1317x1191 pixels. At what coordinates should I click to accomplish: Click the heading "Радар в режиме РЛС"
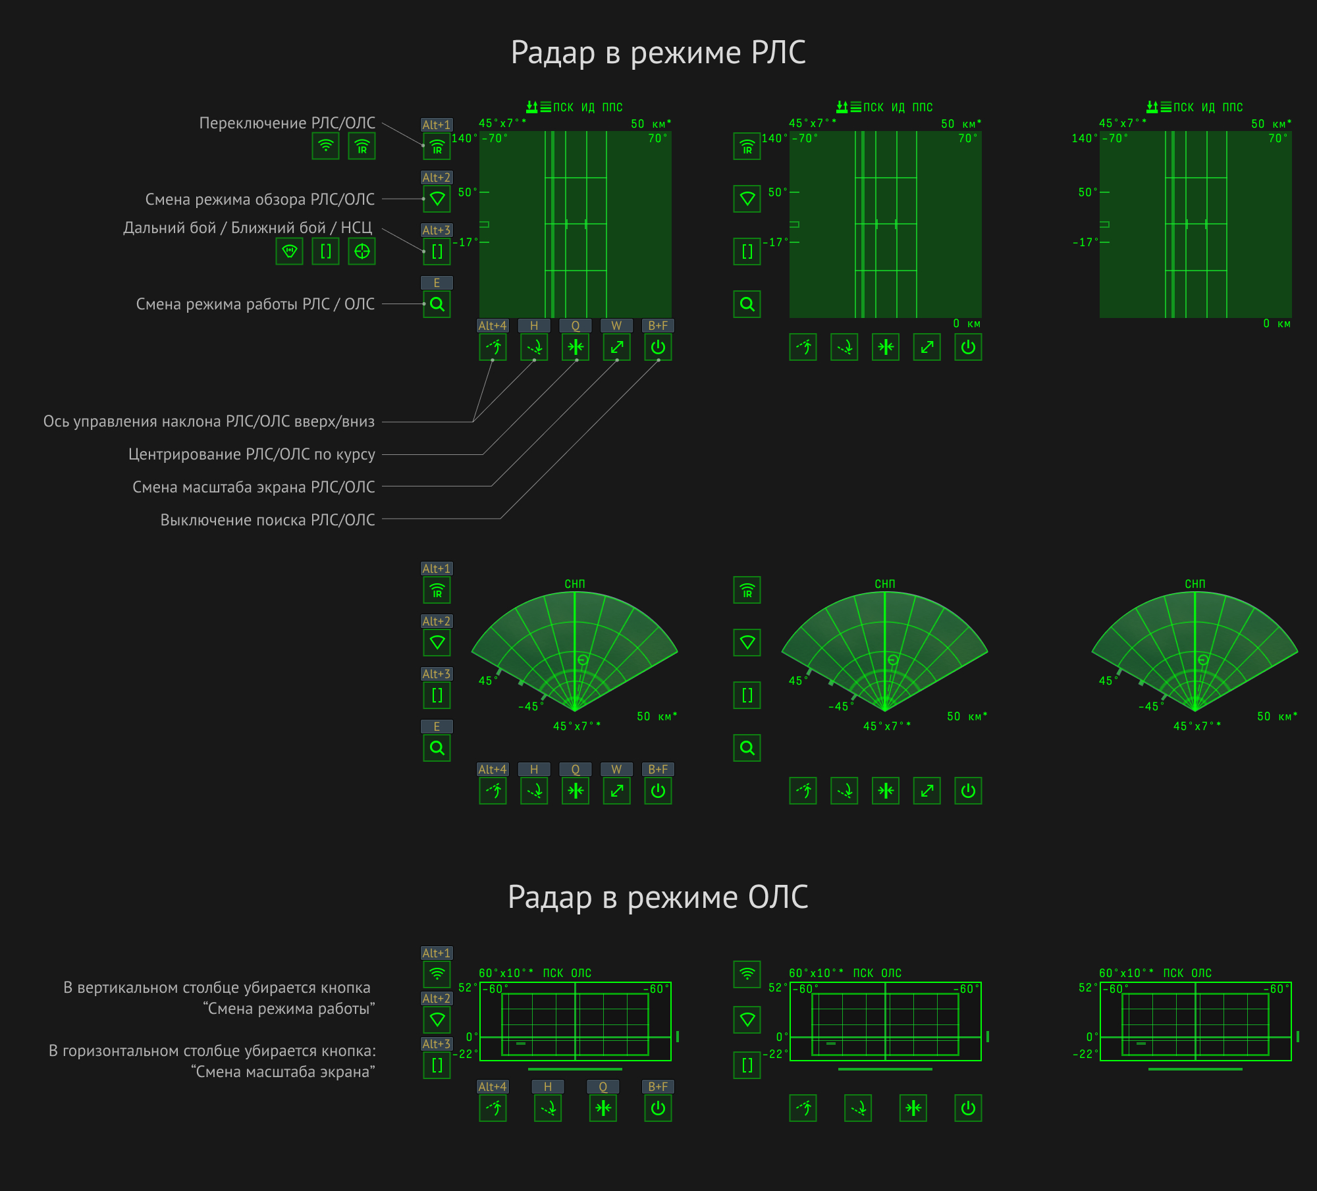click(x=658, y=53)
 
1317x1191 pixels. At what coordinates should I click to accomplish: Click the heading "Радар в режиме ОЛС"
click(x=658, y=897)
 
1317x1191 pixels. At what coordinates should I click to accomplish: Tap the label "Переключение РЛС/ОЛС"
click(x=287, y=123)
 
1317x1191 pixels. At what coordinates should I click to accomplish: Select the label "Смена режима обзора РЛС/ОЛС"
click(x=260, y=199)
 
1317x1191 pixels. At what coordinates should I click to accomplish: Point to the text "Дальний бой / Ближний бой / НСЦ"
click(x=248, y=228)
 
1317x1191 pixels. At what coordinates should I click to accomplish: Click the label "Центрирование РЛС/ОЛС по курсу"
click(x=252, y=454)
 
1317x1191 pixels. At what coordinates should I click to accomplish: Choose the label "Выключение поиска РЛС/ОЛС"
click(x=267, y=520)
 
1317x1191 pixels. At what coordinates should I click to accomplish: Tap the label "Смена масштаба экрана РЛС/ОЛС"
click(x=254, y=487)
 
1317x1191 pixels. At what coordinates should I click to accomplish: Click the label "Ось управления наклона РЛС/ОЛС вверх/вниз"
click(x=209, y=421)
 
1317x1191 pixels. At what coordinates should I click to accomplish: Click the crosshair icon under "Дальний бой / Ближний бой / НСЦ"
click(x=362, y=251)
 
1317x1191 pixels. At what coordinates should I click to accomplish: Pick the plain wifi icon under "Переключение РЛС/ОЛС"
click(x=325, y=146)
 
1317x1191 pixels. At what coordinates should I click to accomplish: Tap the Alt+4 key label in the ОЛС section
click(x=493, y=1087)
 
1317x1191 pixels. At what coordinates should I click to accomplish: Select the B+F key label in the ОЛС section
click(x=658, y=1087)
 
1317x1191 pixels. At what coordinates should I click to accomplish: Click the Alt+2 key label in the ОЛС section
click(x=437, y=999)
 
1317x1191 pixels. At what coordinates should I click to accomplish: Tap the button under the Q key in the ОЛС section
click(x=603, y=1108)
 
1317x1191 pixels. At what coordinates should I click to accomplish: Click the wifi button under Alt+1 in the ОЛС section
click(x=437, y=974)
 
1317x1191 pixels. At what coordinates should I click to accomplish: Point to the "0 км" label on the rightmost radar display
click(x=1277, y=324)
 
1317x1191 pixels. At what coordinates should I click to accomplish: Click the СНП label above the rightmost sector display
click(x=1195, y=584)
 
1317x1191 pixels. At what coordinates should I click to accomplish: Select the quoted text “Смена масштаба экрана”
click(x=283, y=1072)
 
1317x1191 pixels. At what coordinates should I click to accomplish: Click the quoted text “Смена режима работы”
click(x=289, y=1009)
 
